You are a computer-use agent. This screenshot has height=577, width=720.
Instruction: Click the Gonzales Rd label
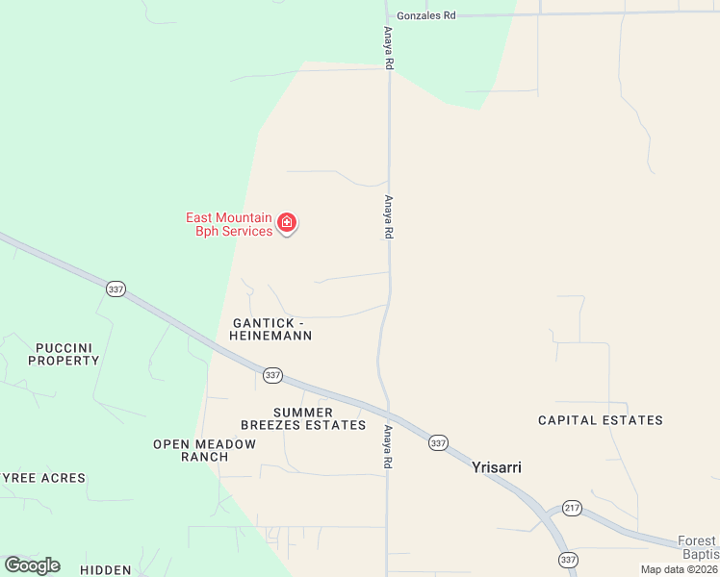(426, 15)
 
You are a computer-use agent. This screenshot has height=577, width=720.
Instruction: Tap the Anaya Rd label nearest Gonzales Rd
(389, 47)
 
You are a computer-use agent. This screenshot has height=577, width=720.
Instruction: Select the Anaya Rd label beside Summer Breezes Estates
(389, 447)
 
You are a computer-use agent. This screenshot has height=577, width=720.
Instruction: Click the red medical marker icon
(286, 223)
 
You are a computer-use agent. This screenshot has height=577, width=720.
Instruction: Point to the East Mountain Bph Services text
(229, 224)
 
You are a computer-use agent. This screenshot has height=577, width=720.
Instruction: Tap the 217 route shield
(572, 508)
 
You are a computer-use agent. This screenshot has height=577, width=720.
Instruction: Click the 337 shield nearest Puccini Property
(116, 288)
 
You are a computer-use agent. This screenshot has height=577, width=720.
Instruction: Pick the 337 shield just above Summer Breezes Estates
(272, 375)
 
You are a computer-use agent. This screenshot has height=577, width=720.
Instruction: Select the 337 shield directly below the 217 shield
(568, 559)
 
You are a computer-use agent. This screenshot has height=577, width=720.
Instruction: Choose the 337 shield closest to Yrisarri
(439, 442)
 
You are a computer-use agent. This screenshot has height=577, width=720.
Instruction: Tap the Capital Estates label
(600, 420)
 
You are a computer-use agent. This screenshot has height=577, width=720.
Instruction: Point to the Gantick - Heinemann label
(270, 329)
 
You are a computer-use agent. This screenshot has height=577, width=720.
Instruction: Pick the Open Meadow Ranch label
(205, 450)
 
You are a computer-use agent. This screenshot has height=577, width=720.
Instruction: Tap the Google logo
(32, 565)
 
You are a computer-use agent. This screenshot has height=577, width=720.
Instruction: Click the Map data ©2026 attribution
(680, 569)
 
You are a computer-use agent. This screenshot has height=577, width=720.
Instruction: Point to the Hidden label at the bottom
(106, 570)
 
